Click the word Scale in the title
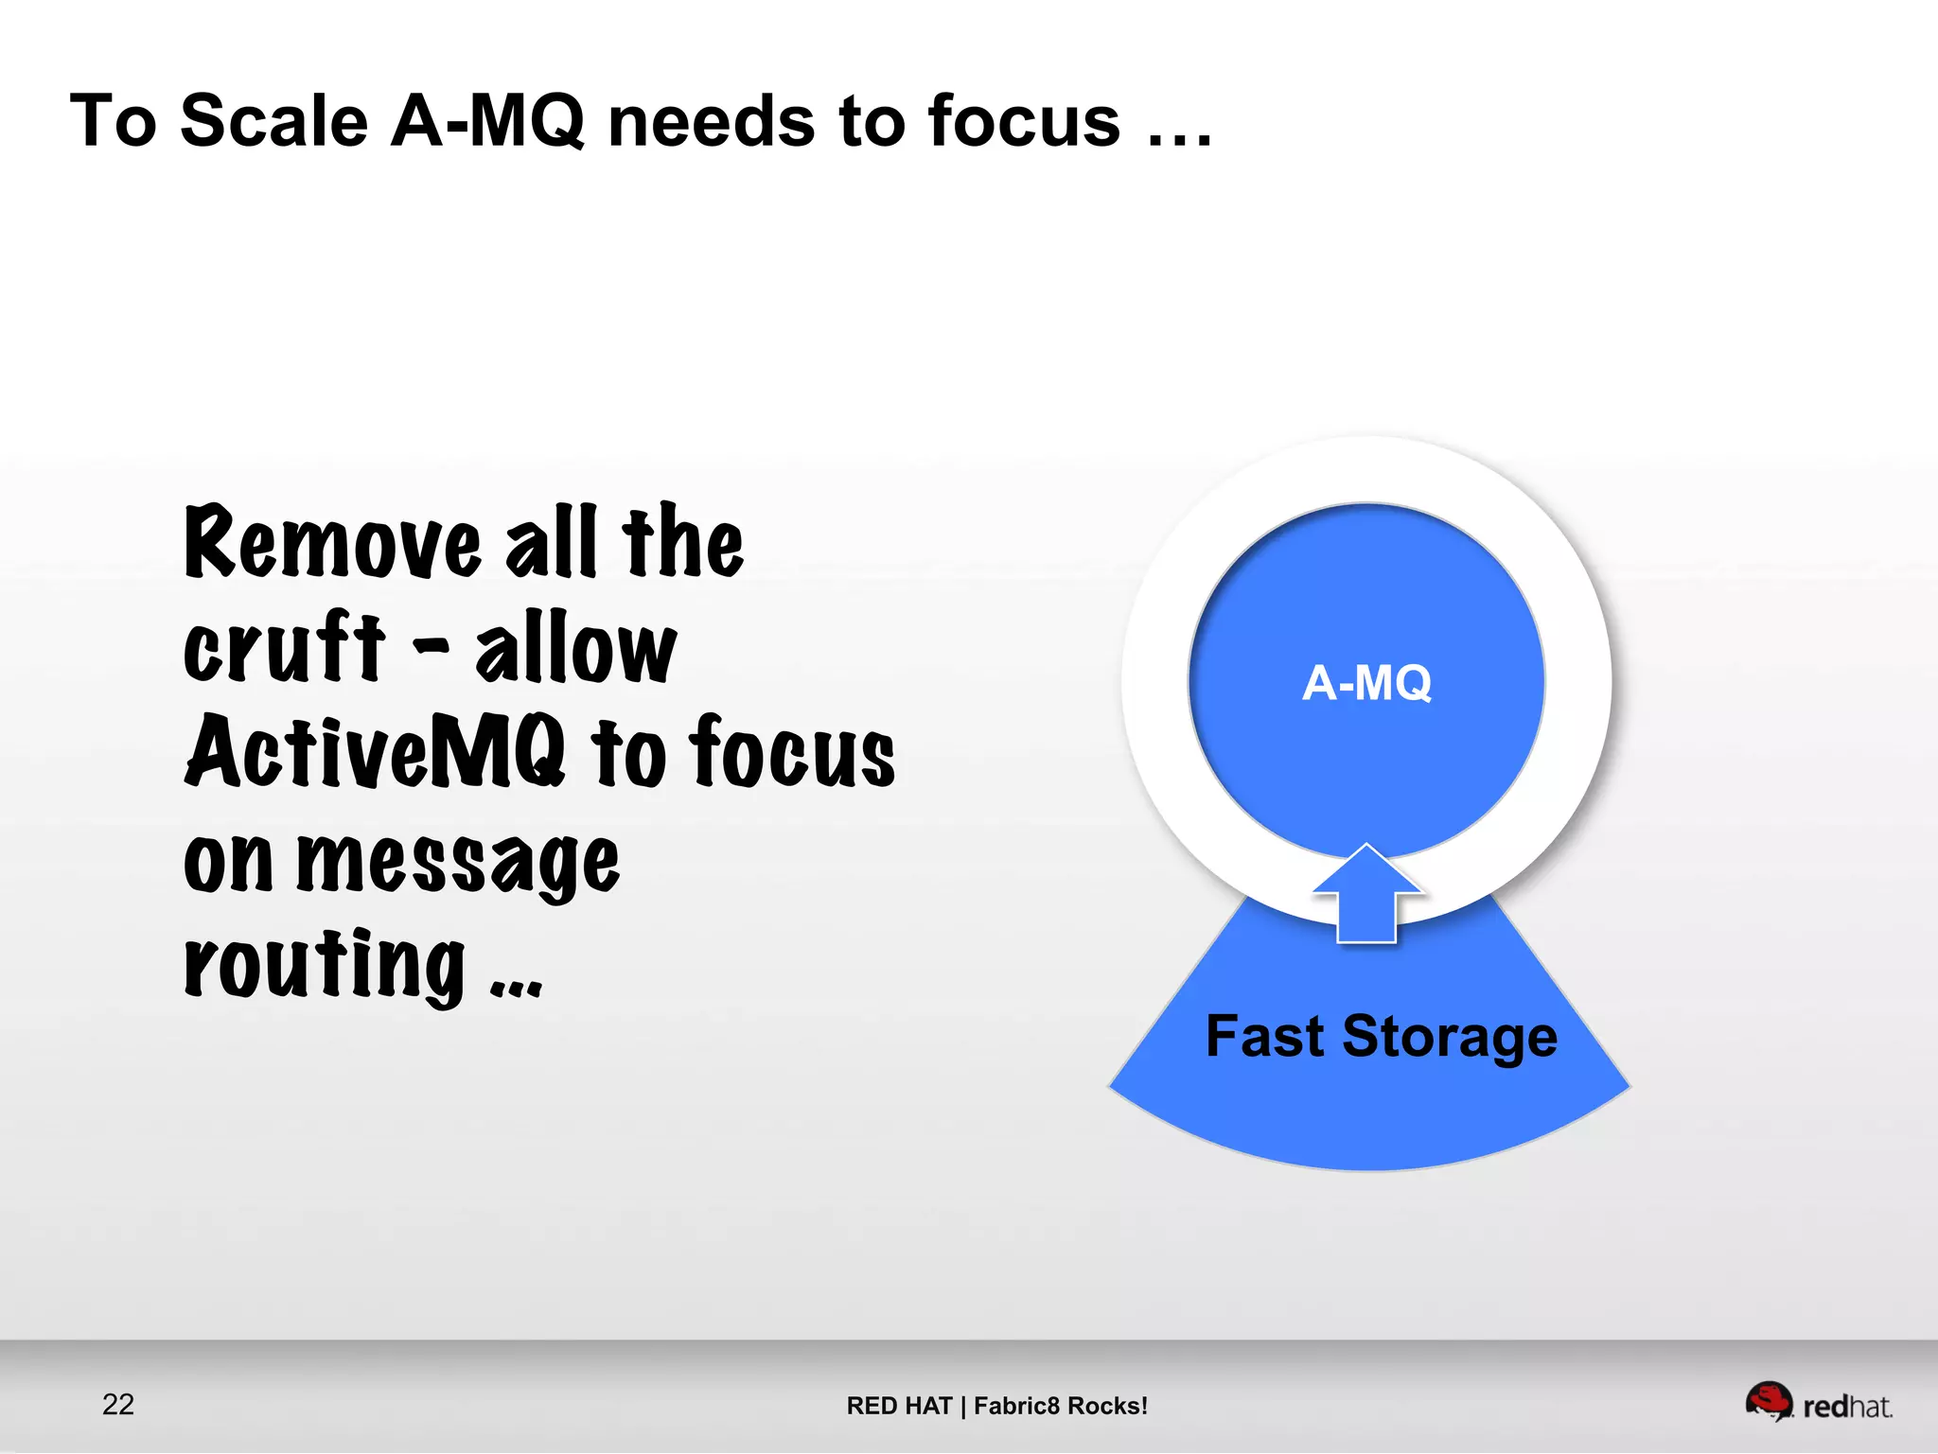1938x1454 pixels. (273, 122)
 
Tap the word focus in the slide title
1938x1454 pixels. (1024, 122)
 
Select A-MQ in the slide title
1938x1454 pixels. (487, 122)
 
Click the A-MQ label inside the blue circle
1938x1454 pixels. (1366, 683)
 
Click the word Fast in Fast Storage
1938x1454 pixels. (1263, 1036)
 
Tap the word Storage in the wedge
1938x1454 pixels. (1449, 1038)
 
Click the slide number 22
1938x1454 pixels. (118, 1404)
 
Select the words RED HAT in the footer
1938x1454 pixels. (898, 1406)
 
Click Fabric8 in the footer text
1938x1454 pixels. (1017, 1406)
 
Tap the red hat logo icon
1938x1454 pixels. (1768, 1400)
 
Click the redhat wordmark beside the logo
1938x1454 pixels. (1847, 1407)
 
